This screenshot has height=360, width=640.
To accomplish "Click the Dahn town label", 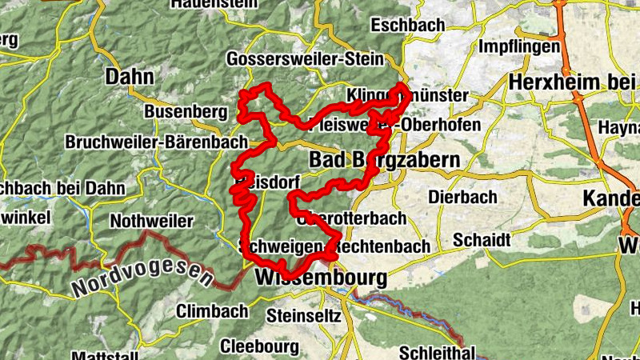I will (128, 77).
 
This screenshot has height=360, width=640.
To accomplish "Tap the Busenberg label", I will (186, 111).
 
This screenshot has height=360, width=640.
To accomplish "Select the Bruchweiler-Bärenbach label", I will (157, 142).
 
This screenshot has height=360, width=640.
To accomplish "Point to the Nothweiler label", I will (153, 221).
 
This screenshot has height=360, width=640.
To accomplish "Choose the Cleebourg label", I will (259, 346).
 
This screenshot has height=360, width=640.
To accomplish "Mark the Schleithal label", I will (437, 352).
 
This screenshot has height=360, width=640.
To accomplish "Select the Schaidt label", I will (481, 240).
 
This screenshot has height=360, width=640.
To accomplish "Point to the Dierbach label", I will (462, 197).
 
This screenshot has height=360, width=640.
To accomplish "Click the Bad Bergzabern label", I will (385, 160).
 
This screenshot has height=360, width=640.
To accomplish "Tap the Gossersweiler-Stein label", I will (306, 59).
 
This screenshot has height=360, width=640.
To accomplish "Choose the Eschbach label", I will (408, 26).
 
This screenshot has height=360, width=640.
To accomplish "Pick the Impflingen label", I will (518, 46).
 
